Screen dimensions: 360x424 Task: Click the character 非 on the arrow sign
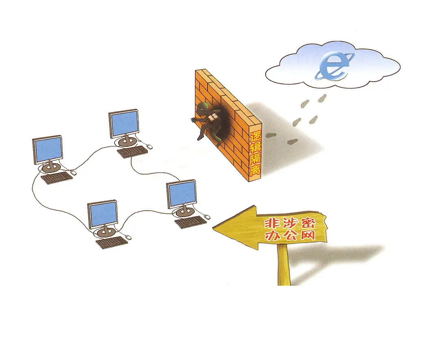[272, 224]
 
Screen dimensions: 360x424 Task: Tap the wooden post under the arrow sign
[283, 266]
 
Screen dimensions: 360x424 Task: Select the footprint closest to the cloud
[323, 98]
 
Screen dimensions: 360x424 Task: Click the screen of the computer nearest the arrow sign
[182, 194]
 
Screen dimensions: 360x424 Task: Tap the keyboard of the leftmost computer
[57, 178]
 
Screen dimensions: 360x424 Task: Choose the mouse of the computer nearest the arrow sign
[207, 217]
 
